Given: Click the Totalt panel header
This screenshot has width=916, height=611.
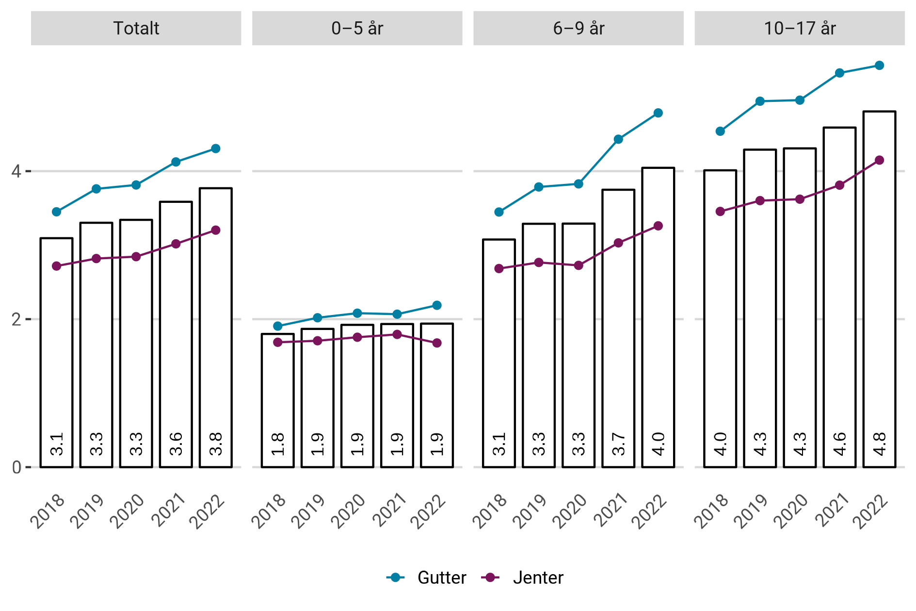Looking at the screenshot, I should tap(136, 28).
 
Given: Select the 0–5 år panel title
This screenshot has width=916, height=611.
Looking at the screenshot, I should tap(357, 28).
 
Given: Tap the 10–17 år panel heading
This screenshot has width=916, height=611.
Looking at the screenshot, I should tap(800, 28).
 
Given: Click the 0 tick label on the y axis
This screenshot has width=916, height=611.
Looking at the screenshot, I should tap(16, 467).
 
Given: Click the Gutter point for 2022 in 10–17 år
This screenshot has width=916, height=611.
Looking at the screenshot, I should tap(879, 66).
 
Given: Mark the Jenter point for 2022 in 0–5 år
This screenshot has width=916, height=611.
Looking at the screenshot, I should tap(437, 343).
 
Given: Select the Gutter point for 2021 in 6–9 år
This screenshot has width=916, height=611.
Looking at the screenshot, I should tap(618, 139).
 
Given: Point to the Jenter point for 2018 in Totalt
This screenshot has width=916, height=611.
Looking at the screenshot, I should tap(57, 266).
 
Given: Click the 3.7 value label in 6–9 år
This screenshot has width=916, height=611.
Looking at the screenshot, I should tap(618, 444).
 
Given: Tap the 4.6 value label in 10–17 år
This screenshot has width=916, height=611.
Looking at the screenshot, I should tap(839, 444).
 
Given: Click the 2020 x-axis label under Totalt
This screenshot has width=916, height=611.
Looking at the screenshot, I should tap(127, 511).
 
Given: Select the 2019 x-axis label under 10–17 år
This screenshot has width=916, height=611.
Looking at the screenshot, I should tap(751, 511).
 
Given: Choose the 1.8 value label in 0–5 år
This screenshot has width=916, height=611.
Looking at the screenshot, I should tap(277, 444).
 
